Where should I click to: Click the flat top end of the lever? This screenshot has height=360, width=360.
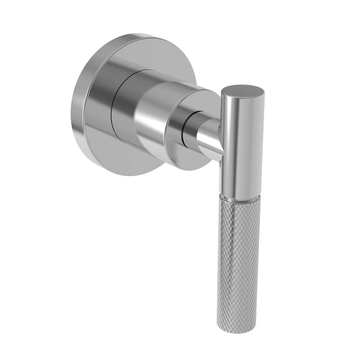[243, 89]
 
